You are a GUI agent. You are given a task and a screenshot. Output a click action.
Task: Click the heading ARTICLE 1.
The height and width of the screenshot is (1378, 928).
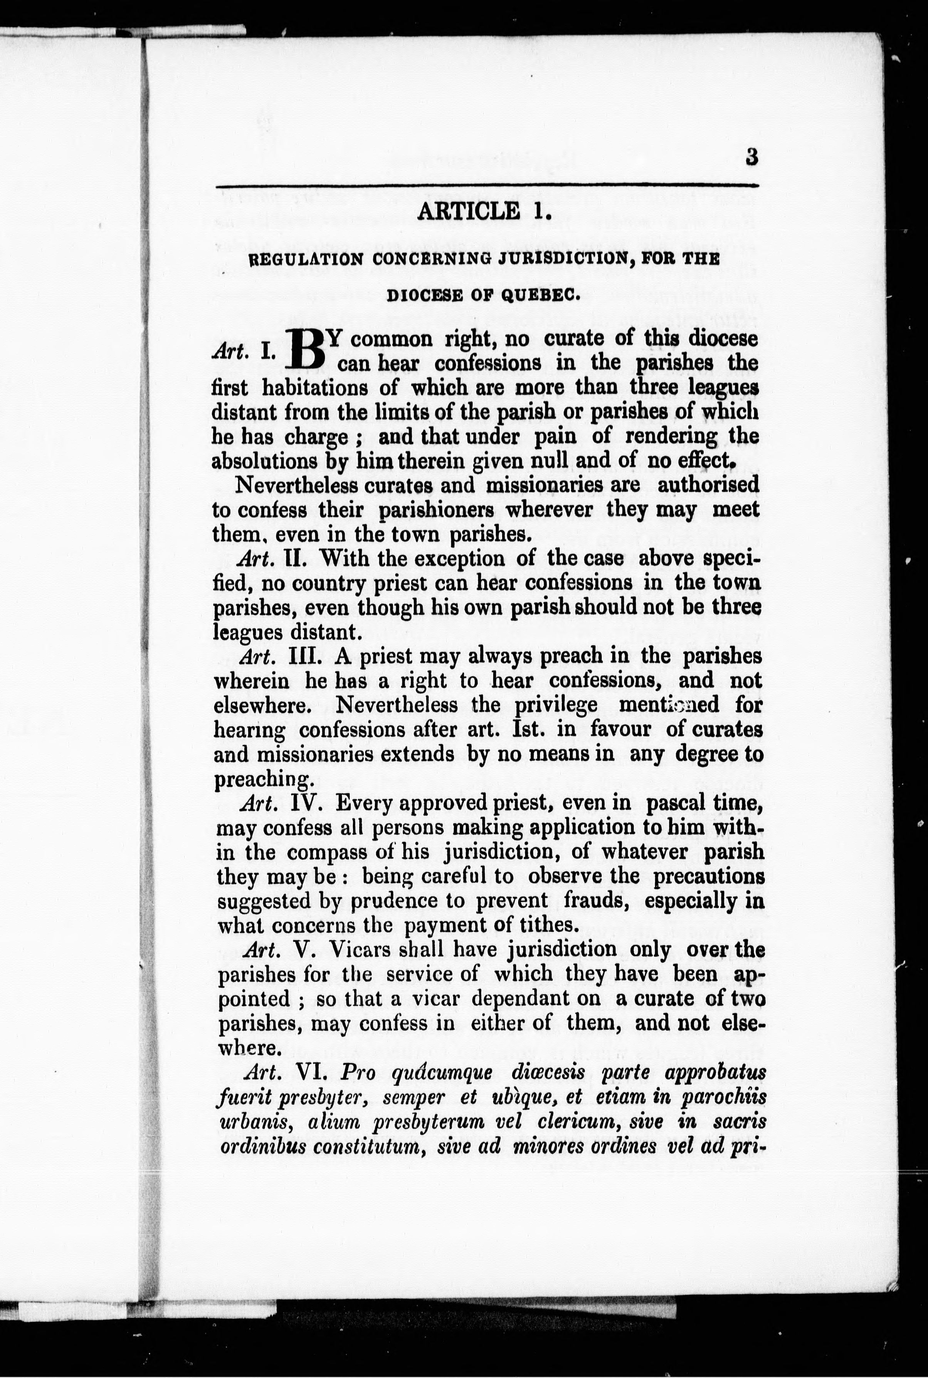484,211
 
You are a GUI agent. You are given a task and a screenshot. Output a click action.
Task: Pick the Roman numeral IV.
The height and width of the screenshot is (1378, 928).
307,803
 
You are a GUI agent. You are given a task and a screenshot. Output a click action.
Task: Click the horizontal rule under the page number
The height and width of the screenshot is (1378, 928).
486,187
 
